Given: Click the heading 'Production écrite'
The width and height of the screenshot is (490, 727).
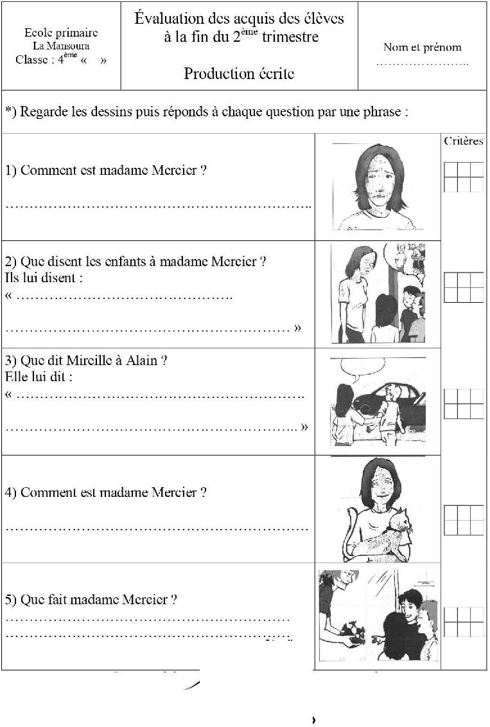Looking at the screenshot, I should coord(239,73).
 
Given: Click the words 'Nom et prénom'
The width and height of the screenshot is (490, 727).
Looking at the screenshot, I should coord(422,47).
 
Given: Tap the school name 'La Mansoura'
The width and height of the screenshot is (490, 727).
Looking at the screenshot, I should coord(61,46).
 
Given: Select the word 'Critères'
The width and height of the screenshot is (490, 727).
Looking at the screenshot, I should coord(463,141).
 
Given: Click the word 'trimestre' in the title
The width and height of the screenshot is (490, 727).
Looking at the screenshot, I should coord(288,37).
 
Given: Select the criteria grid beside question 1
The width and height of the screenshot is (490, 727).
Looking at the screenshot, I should coord(463,177).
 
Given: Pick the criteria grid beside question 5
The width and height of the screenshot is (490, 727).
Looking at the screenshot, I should coord(463,622).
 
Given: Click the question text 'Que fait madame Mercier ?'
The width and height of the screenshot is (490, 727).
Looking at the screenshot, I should coord(99,600).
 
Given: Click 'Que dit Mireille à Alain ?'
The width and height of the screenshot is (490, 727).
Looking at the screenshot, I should coord(86,361).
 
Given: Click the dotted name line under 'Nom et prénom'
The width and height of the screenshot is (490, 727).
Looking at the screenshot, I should coord(422,64).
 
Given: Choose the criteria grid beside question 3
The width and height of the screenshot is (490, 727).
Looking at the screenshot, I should coord(463,404).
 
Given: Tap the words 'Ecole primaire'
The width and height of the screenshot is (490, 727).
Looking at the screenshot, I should coord(61,32).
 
